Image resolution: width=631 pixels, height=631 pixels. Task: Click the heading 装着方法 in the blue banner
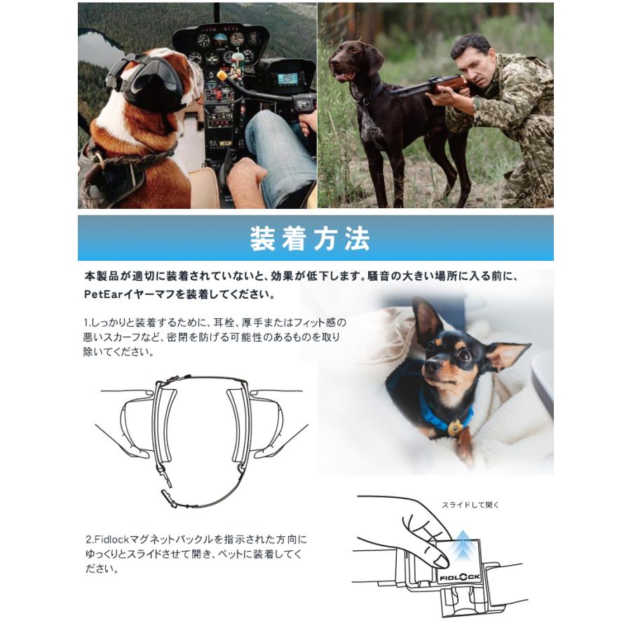[309, 240]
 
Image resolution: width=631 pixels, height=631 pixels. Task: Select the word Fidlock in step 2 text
[104, 540]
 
